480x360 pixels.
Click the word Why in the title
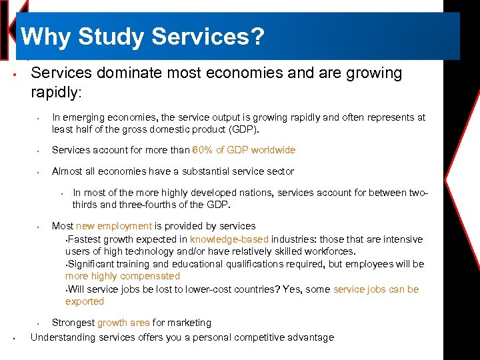click(45, 37)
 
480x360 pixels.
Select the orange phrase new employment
click(114, 226)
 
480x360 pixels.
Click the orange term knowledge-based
click(229, 239)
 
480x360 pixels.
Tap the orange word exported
click(85, 301)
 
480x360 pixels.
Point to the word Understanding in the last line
click(61, 337)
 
